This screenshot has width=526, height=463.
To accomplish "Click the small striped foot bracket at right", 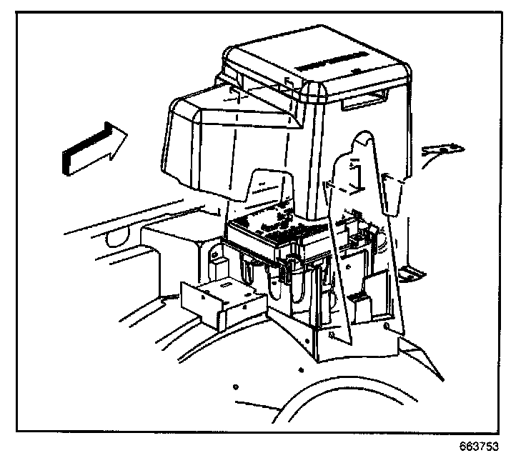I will (411, 272).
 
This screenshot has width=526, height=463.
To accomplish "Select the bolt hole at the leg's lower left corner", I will (329, 333).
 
